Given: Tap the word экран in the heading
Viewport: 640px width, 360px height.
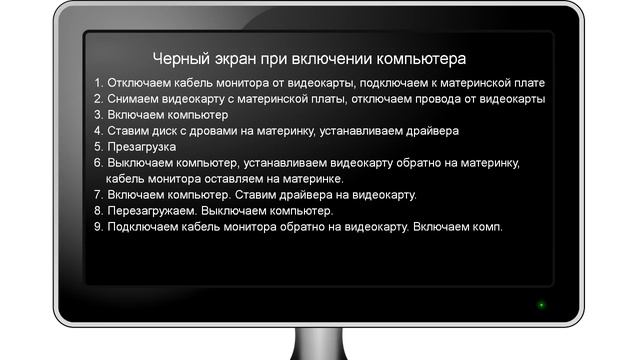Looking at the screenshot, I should [236, 59].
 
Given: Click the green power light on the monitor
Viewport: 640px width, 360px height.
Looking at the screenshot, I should [541, 304].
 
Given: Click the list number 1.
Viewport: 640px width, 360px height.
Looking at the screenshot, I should [97, 83].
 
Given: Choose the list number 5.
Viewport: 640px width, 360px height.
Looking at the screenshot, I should [97, 147].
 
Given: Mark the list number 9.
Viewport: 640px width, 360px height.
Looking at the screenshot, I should [97, 227].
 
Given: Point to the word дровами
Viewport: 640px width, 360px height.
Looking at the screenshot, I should [233, 131].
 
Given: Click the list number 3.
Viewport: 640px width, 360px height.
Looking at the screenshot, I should [97, 115].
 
